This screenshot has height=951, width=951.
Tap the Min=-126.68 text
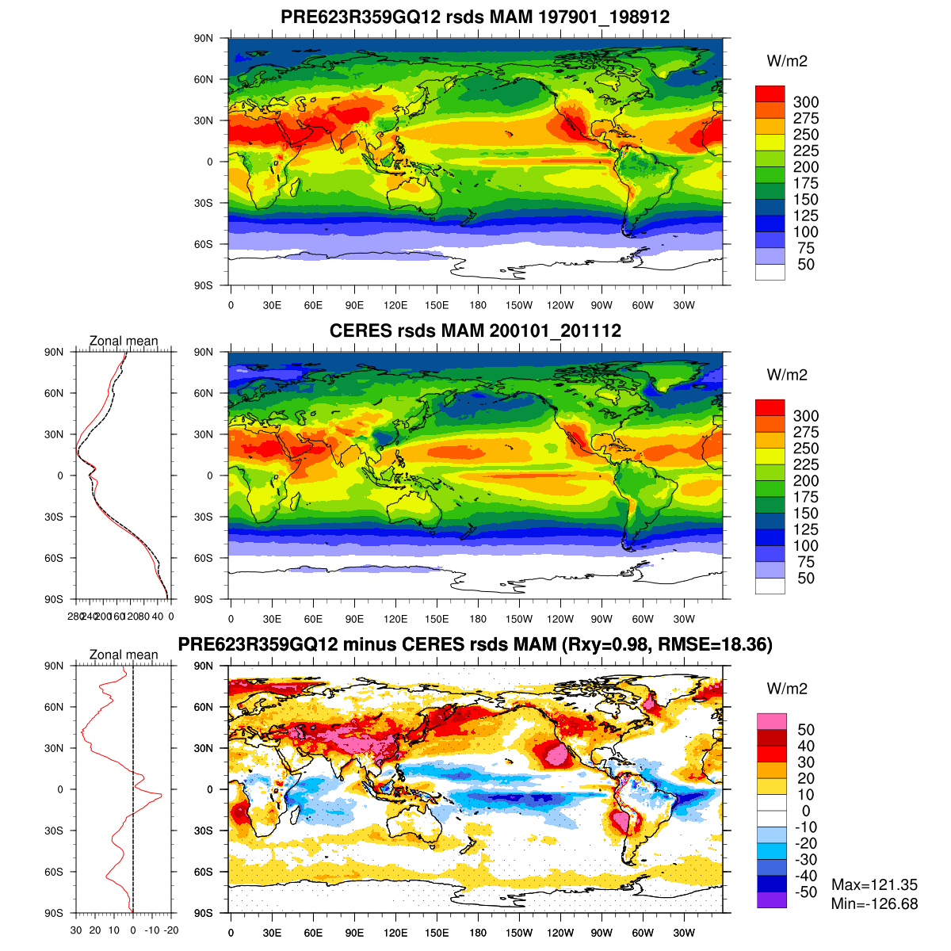(874, 903)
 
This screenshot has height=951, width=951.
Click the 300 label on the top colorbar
(806, 102)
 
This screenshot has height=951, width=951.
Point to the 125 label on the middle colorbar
(806, 529)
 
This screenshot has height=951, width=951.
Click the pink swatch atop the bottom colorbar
(771, 721)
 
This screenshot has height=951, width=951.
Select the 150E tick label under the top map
(437, 306)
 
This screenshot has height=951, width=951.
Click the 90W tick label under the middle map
(602, 619)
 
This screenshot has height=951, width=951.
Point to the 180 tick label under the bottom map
(478, 933)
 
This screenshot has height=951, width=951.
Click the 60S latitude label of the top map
(204, 244)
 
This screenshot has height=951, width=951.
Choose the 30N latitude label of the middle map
(204, 434)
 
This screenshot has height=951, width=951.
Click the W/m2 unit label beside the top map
(787, 61)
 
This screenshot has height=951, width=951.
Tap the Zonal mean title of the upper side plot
(124, 342)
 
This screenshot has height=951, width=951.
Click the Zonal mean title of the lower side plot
(124, 655)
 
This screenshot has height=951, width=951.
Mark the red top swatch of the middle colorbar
(770, 407)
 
